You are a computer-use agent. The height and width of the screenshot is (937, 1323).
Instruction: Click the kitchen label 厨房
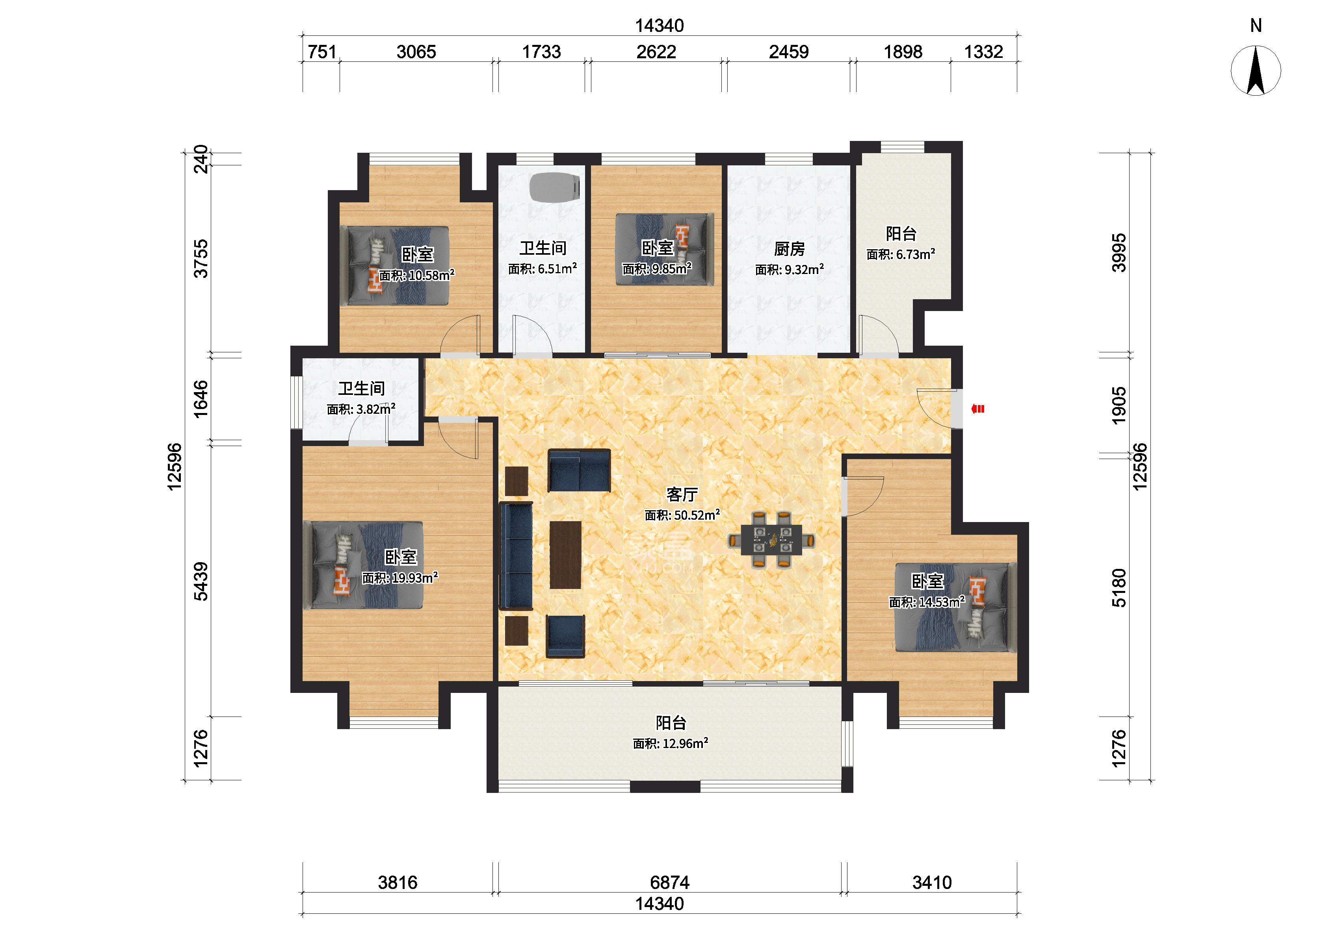(x=789, y=249)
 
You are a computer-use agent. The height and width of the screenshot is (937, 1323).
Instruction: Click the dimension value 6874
(x=670, y=882)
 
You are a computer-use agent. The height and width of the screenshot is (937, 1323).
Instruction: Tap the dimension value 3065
(x=416, y=52)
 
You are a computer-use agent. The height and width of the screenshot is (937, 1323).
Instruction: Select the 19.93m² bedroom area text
(x=400, y=578)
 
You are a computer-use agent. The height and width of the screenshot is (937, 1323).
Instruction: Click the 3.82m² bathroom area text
(x=361, y=409)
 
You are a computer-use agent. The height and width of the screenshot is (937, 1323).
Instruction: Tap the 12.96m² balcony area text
(x=670, y=743)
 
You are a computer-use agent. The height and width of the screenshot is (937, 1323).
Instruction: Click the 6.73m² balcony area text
(x=901, y=254)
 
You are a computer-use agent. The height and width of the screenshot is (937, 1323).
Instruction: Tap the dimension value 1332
(x=984, y=52)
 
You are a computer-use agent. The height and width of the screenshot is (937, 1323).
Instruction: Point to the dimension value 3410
(x=932, y=882)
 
